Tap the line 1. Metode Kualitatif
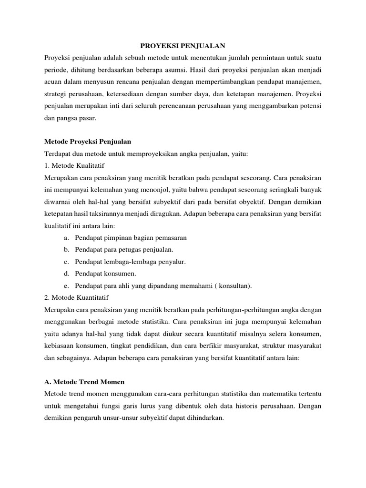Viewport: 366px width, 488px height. pos(74,165)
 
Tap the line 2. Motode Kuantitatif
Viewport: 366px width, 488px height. pos(76,297)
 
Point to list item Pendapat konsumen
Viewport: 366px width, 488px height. pos(102,274)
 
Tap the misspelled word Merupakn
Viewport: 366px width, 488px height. pos(60,310)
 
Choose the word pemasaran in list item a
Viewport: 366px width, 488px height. pos(170,237)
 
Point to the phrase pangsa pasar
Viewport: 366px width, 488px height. pos(76,117)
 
